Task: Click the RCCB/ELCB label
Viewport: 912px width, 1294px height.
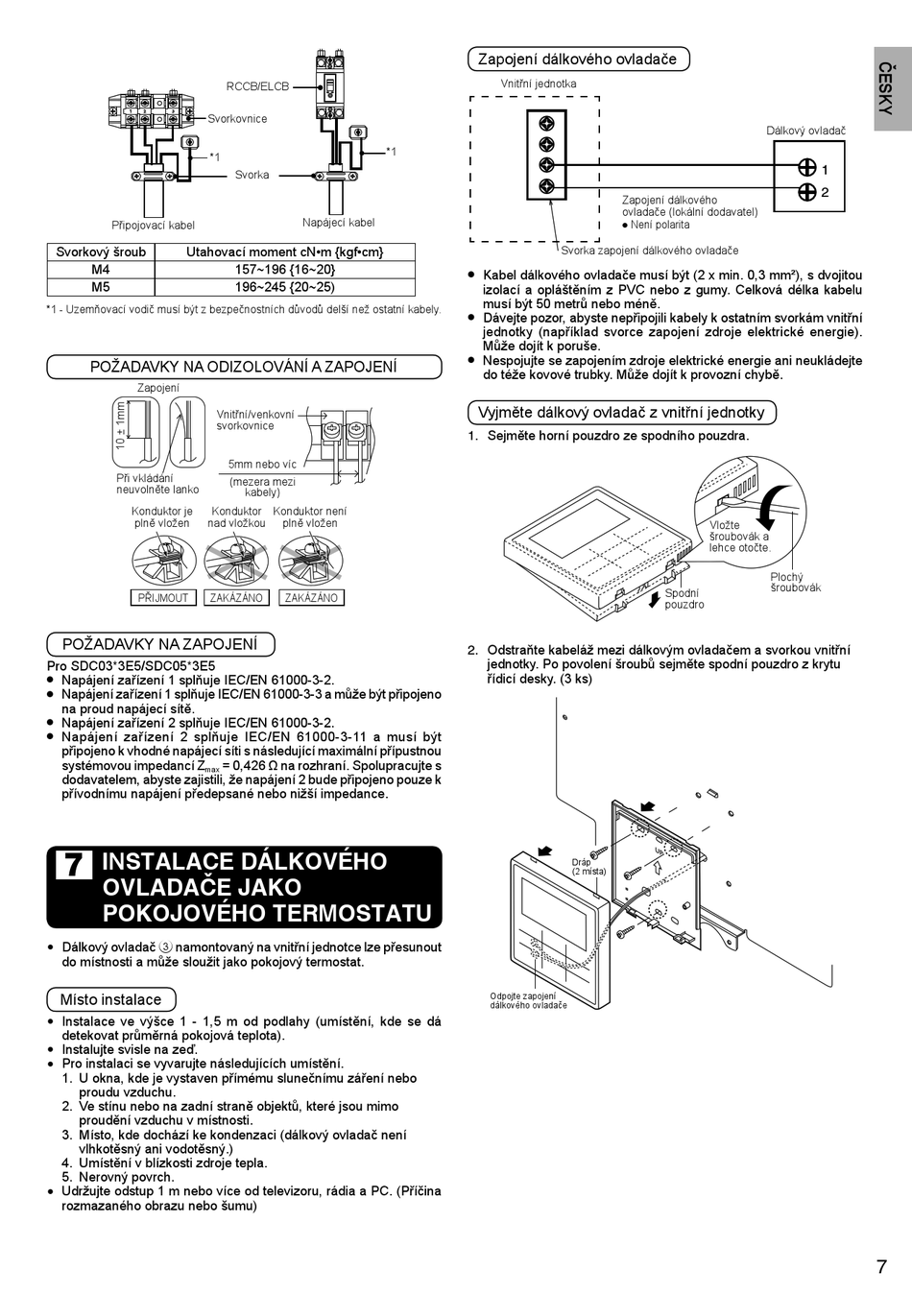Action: click(x=257, y=86)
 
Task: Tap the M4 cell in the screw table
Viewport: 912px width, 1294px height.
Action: click(x=101, y=270)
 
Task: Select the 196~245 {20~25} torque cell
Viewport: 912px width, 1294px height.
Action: click(x=284, y=287)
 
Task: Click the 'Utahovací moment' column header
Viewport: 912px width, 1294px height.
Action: click(x=284, y=252)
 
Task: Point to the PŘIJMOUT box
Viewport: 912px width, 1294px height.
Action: click(x=163, y=597)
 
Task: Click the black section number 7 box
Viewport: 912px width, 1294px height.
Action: click(x=74, y=864)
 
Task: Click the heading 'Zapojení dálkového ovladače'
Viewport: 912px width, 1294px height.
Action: click(x=577, y=59)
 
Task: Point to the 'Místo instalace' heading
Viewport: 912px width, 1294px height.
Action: click(x=110, y=999)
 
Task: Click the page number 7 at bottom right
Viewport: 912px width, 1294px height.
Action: click(x=881, y=1266)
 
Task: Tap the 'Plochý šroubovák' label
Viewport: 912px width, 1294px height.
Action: click(x=795, y=583)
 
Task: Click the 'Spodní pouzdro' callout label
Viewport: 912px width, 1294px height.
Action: click(x=684, y=599)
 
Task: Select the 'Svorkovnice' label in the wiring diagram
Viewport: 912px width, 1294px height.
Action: click(x=237, y=119)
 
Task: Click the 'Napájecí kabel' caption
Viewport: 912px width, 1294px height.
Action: click(x=338, y=223)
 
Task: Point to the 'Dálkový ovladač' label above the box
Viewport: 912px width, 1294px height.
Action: click(x=805, y=131)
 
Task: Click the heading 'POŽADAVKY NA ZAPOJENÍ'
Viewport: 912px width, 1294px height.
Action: click(x=159, y=644)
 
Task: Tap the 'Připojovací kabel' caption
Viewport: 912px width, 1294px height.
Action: click(x=153, y=226)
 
